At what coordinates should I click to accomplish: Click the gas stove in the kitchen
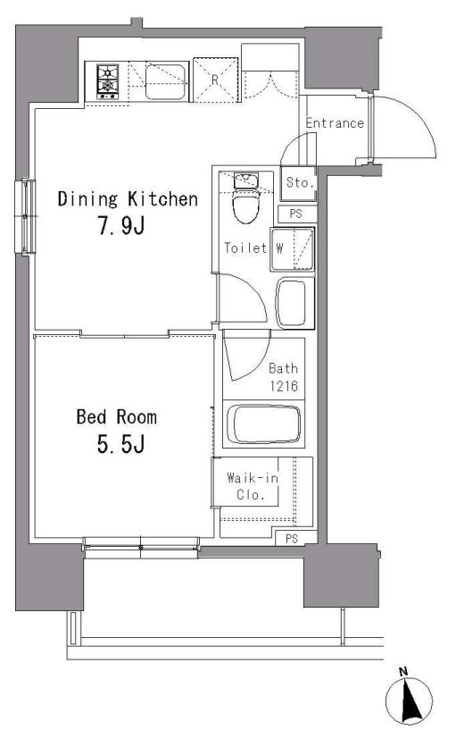click(107, 82)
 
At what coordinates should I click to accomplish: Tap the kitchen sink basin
click(165, 82)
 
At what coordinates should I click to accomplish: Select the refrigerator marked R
click(216, 80)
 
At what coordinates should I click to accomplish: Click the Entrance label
click(335, 123)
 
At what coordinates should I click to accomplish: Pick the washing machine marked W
click(293, 249)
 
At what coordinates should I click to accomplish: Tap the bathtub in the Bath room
click(263, 424)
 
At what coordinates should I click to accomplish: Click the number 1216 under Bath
click(284, 386)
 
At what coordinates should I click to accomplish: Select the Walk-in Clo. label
click(252, 486)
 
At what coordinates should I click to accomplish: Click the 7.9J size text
click(121, 226)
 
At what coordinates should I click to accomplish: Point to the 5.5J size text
click(120, 444)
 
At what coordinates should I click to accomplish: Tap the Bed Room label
click(117, 416)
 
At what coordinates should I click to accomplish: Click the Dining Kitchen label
click(128, 199)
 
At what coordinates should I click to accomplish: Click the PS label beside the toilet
click(295, 214)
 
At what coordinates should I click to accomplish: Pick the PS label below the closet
click(292, 539)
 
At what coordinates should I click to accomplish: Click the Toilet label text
click(245, 248)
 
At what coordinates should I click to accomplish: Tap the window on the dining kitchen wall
click(25, 216)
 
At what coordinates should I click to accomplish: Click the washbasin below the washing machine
click(294, 303)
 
